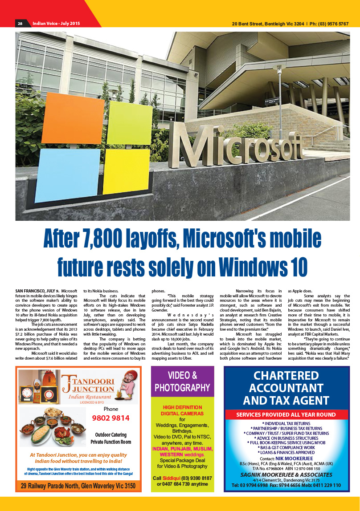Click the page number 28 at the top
(x=20, y=23)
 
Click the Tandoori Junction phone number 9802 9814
(x=110, y=418)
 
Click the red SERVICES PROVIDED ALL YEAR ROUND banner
(x=286, y=414)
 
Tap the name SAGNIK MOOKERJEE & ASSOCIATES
(x=286, y=474)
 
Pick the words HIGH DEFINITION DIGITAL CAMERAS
(x=182, y=410)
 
